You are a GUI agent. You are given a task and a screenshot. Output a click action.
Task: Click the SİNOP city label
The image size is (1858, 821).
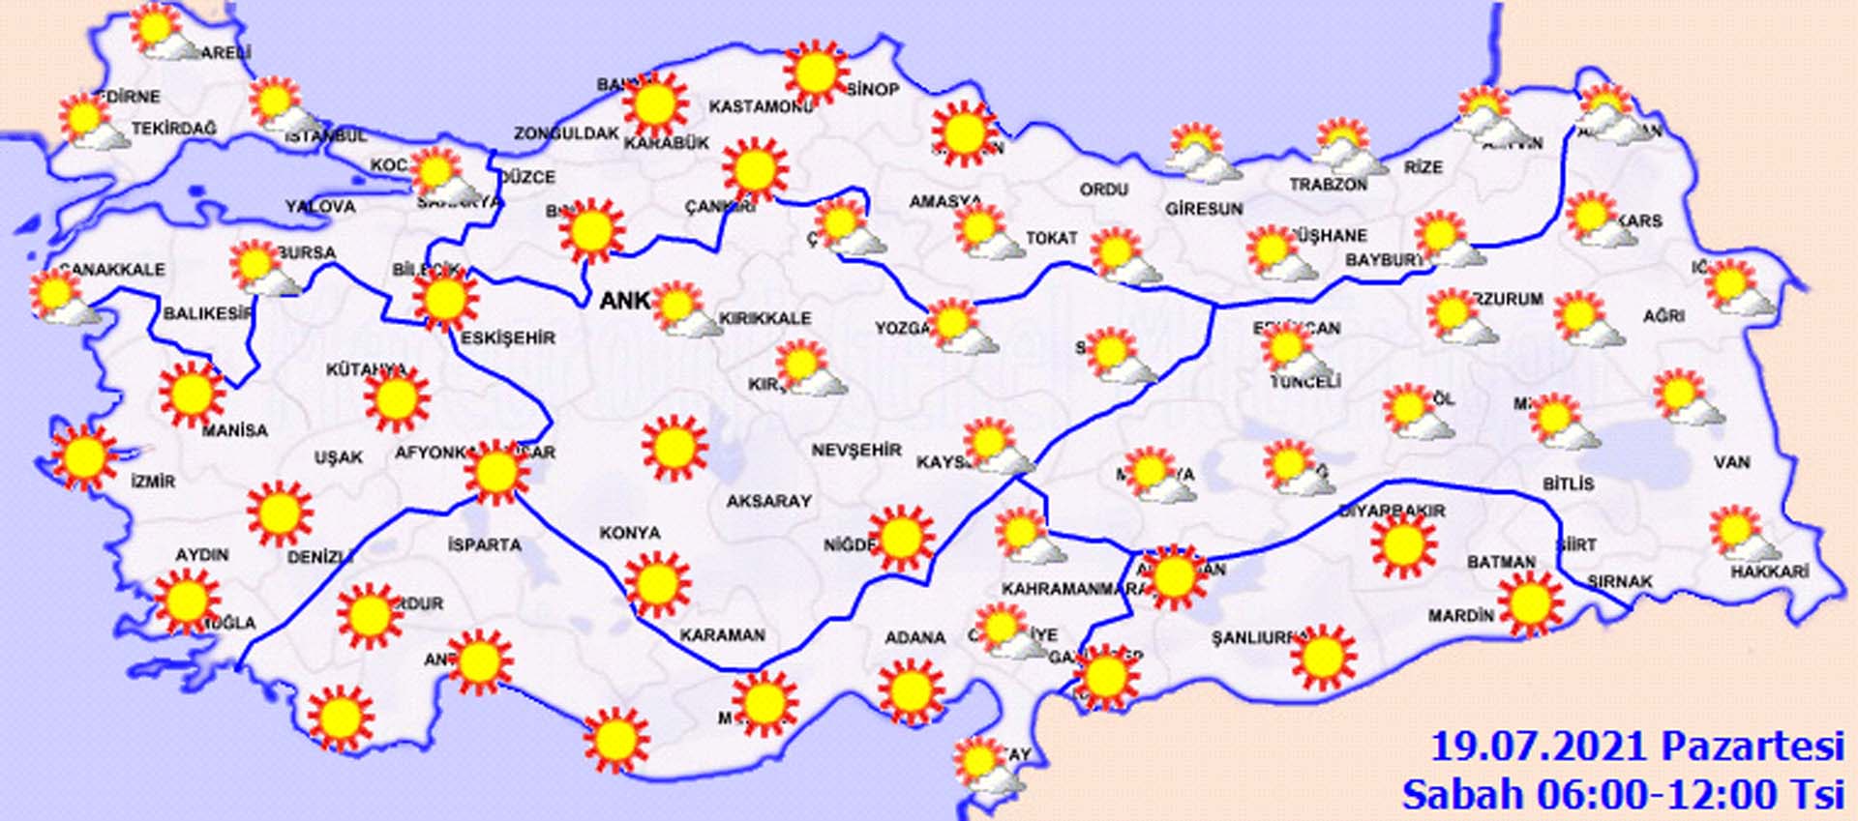click(874, 90)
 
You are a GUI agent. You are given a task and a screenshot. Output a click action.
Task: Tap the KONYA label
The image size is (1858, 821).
click(630, 533)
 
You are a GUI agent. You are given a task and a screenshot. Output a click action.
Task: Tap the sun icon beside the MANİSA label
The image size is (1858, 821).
click(191, 394)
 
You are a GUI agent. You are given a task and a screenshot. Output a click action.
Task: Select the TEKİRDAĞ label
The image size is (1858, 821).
click(174, 129)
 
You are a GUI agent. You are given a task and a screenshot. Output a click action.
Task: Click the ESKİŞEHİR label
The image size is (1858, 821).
click(508, 338)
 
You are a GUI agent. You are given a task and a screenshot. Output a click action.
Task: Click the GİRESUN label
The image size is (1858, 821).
click(1204, 209)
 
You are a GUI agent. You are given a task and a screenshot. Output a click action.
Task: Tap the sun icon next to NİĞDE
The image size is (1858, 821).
click(901, 539)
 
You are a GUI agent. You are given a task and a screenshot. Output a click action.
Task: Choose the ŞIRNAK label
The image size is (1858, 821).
click(1620, 581)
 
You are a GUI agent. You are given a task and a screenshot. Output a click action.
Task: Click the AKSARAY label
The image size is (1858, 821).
click(768, 501)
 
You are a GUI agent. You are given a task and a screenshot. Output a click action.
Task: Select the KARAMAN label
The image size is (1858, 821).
click(722, 635)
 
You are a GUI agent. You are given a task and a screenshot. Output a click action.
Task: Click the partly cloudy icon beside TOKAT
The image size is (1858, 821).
click(987, 232)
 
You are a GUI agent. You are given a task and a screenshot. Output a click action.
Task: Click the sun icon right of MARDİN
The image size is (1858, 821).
click(1530, 603)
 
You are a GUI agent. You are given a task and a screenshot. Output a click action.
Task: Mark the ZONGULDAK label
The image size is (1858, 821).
click(566, 133)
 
